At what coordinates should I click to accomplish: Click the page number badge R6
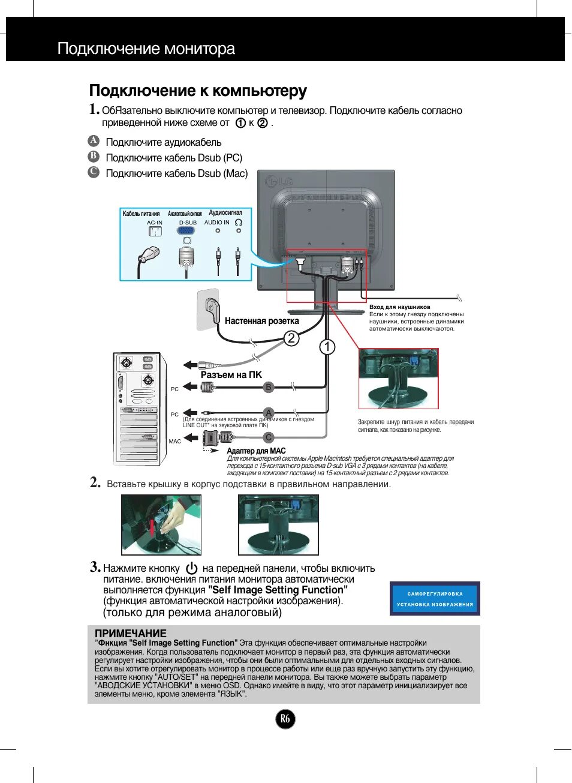click(x=285, y=719)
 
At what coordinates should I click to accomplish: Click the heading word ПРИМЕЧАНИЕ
click(x=130, y=633)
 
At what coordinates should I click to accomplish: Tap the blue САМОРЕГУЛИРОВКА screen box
click(x=435, y=599)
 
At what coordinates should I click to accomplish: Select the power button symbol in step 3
click(x=191, y=568)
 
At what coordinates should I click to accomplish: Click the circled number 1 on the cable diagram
click(x=327, y=347)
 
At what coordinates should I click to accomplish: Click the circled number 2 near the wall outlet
click(x=291, y=338)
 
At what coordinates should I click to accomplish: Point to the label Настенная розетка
click(x=261, y=321)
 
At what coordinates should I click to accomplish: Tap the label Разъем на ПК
click(x=231, y=375)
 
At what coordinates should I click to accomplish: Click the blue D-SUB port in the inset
click(x=186, y=230)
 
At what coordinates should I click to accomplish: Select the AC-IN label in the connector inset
click(x=155, y=223)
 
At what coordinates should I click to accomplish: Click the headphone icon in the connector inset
click(x=239, y=223)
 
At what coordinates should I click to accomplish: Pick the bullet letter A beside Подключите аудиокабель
click(x=94, y=141)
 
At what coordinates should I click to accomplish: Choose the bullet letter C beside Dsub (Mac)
click(x=94, y=172)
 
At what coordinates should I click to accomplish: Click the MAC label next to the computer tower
click(x=174, y=441)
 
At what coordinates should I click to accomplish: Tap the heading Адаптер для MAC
click(x=256, y=451)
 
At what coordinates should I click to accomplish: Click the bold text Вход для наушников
click(x=399, y=307)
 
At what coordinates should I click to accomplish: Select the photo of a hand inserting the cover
click(x=161, y=525)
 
